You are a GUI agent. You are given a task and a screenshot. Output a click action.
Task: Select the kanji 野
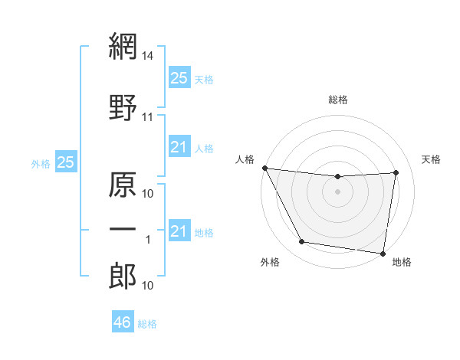[123, 108]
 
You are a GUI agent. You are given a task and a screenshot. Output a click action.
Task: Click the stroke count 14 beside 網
[148, 56]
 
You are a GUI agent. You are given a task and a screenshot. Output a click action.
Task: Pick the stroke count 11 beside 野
[148, 117]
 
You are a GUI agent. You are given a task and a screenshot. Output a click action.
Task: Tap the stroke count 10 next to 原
[148, 194]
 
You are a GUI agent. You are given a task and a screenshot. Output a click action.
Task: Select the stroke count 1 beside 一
[148, 240]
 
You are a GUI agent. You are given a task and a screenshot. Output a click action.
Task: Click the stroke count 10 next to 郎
[148, 286]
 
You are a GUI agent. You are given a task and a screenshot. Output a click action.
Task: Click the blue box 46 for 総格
[123, 322]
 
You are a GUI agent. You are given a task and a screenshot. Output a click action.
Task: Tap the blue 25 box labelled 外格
[65, 162]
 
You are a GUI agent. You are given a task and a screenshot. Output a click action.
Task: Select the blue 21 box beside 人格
[179, 147]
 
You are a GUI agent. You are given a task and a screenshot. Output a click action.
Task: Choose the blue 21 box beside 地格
[179, 231]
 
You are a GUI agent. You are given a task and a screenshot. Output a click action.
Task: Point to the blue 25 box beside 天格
[179, 78]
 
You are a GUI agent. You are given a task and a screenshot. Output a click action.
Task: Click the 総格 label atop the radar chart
[338, 100]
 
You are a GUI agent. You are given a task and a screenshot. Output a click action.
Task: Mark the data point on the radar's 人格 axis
[265, 168]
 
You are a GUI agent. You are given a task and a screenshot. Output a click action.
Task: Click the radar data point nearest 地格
[383, 253]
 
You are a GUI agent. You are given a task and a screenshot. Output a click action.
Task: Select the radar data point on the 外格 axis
[301, 243]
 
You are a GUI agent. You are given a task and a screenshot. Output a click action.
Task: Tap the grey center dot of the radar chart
[338, 191]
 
